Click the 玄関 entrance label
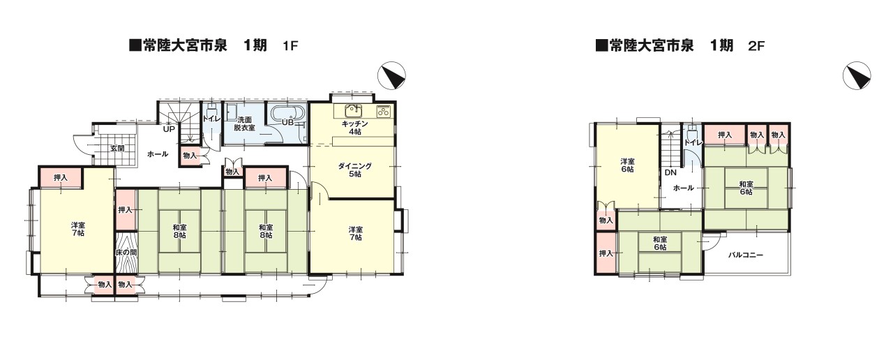click(117, 149)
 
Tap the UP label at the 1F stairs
click(169, 129)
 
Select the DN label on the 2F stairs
click(670, 172)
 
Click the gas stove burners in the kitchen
click(384, 110)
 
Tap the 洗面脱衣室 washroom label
click(244, 123)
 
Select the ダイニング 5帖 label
click(355, 170)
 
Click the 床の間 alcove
click(126, 253)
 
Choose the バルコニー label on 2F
click(746, 255)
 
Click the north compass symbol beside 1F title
click(391, 75)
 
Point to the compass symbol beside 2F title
click(856, 75)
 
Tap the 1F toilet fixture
click(212, 108)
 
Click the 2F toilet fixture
click(692, 131)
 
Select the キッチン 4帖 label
click(355, 128)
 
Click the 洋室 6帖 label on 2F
click(627, 165)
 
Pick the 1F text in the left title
click(290, 46)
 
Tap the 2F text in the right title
click(756, 46)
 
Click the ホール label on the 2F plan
click(683, 188)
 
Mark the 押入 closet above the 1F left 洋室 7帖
click(61, 178)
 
